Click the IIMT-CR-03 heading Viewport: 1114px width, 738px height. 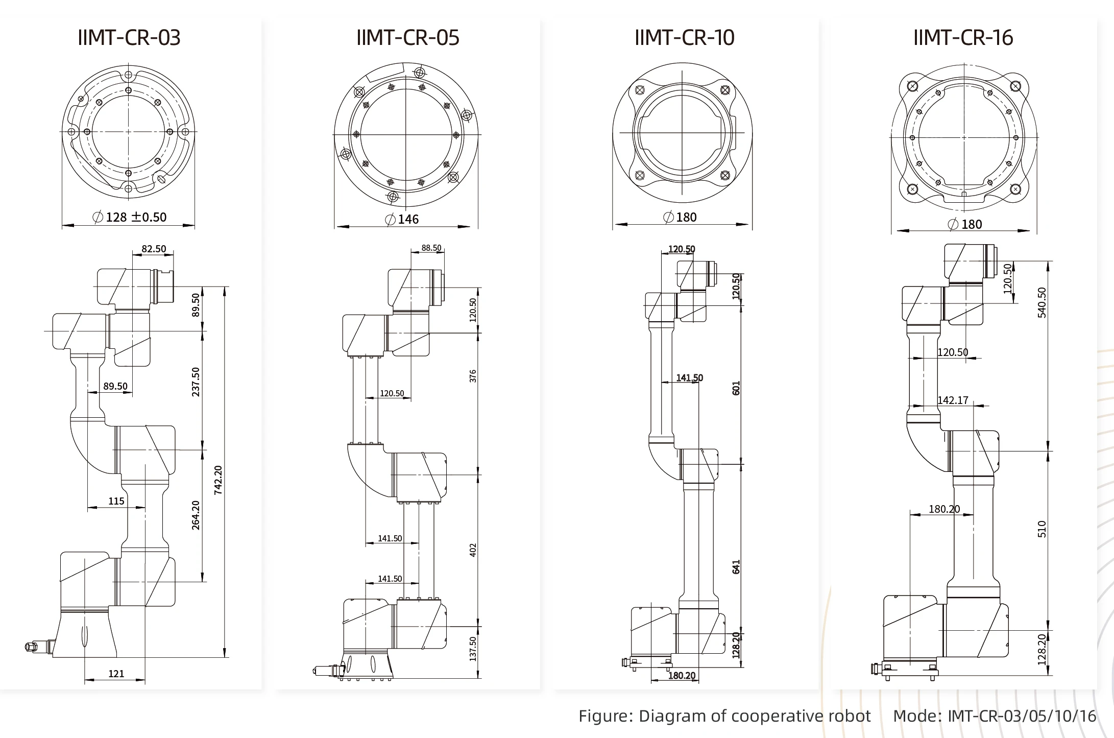point(129,37)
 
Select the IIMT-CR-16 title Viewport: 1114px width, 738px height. point(963,37)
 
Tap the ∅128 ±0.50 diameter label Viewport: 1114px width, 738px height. point(130,217)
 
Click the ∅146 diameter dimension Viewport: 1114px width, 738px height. point(402,219)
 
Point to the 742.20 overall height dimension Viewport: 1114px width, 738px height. point(218,480)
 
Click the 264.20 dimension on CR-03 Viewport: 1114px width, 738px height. point(196,515)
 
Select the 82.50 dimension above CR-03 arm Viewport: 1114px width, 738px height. point(154,249)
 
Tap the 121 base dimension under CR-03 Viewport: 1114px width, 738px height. point(116,674)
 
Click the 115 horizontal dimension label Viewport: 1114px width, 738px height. point(116,501)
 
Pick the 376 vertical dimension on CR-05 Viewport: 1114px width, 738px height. point(473,376)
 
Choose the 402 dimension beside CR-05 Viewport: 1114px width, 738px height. point(473,550)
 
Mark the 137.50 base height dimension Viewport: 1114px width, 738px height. point(473,649)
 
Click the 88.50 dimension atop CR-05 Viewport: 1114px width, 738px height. point(431,248)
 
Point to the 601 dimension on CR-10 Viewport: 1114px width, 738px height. point(736,388)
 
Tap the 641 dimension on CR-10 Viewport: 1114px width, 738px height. point(736,567)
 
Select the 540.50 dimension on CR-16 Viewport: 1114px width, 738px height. point(1042,302)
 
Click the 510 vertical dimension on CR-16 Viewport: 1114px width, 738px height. point(1042,529)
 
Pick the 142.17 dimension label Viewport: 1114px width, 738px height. point(953,400)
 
